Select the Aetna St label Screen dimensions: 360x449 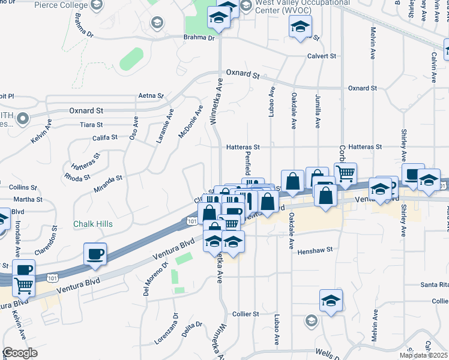[x=151, y=95]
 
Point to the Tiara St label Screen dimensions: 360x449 [x=91, y=125]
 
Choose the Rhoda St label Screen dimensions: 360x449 [x=77, y=178]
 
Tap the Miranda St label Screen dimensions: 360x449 [x=107, y=178]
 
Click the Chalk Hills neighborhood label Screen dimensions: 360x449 [x=93, y=224]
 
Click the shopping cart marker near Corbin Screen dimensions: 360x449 [x=345, y=173]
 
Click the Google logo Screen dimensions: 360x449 [x=20, y=353]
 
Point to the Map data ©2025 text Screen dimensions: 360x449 [x=423, y=355]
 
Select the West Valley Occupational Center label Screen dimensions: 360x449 [x=292, y=7]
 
